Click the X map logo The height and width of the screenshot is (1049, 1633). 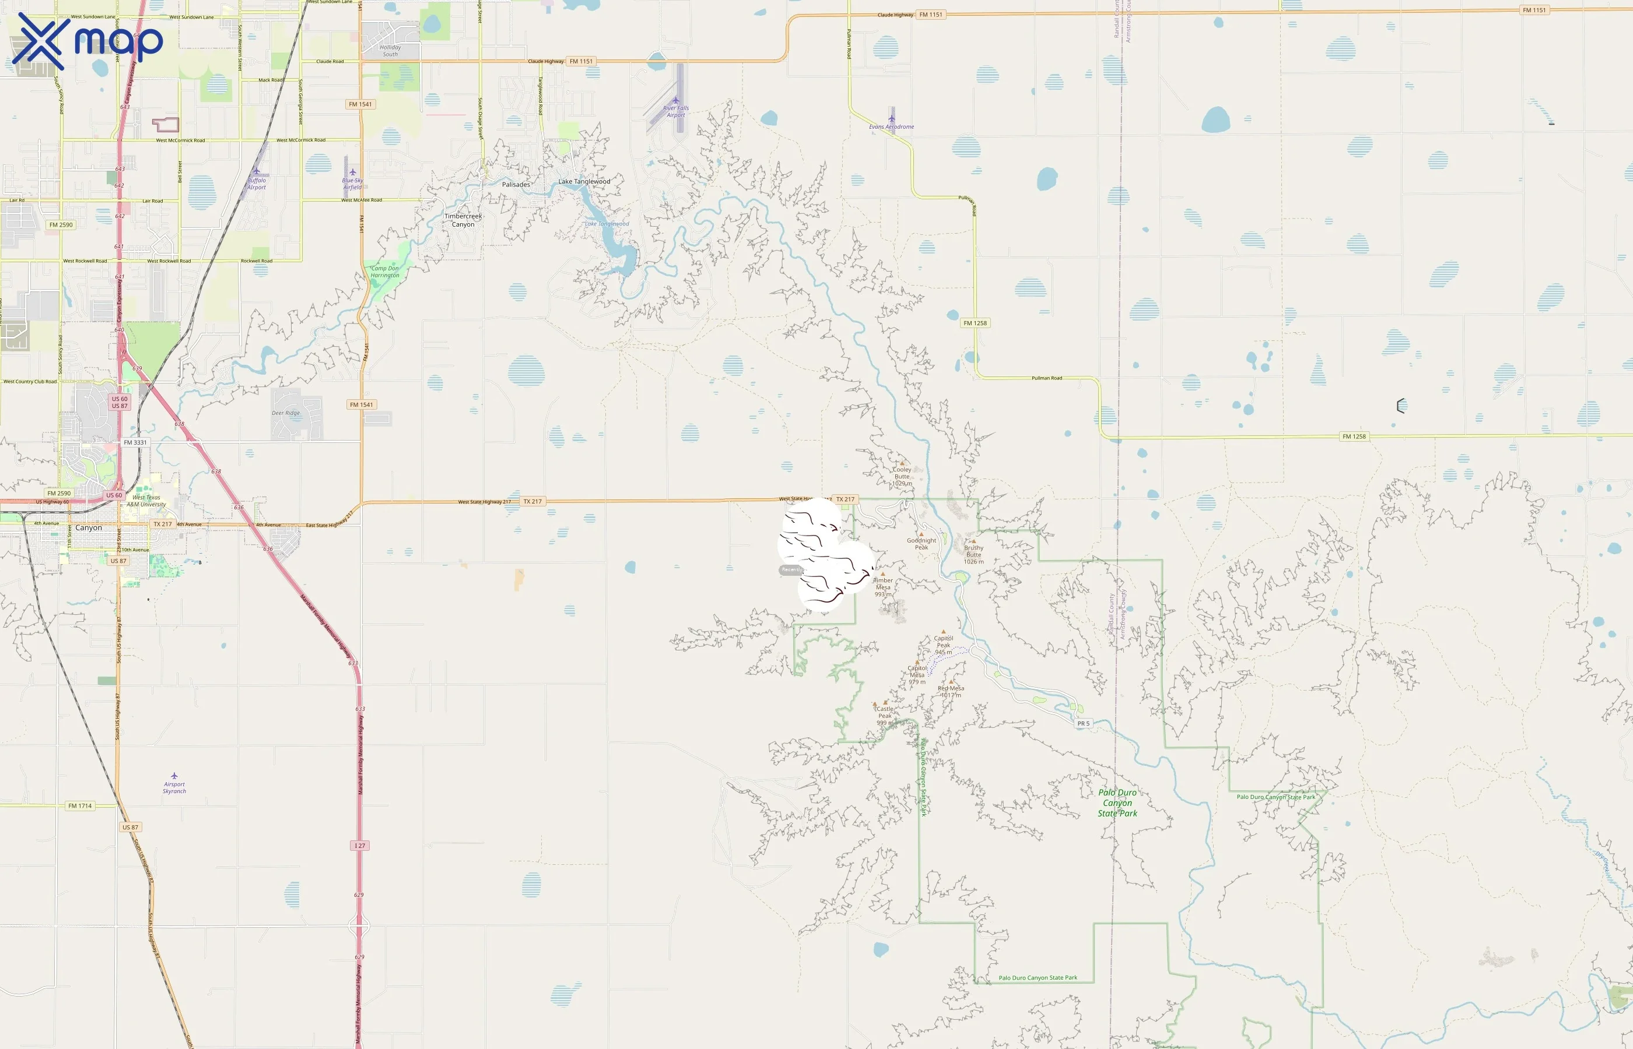pos(87,41)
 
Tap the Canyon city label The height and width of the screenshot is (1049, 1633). pos(89,528)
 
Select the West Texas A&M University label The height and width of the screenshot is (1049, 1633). pos(146,501)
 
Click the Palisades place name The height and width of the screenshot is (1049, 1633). pos(516,185)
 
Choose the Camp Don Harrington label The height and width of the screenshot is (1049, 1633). pos(385,272)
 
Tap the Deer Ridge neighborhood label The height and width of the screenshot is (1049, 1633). pos(286,413)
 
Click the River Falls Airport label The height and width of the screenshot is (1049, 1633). pos(675,112)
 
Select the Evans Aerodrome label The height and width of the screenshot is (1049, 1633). pos(892,126)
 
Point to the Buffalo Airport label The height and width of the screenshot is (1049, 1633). pos(256,184)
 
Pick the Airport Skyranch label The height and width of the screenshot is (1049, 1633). pos(174,787)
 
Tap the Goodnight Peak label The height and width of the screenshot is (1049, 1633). pos(921,544)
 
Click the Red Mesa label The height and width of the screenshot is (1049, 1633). pos(951,691)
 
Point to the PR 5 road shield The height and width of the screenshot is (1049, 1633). pos(1084,723)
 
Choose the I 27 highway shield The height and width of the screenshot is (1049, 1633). pos(360,846)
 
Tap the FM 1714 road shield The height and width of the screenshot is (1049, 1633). pos(80,806)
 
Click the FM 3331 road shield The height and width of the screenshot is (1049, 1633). pos(135,443)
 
